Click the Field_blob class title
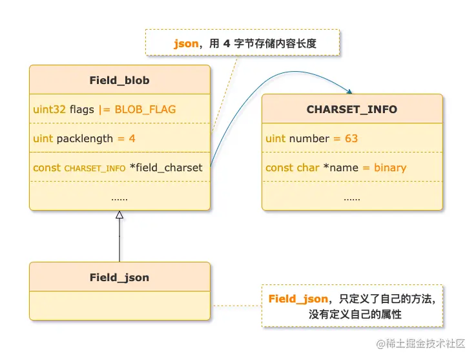coord(119,80)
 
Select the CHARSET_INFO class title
coord(352,109)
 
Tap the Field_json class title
coord(119,277)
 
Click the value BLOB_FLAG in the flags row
coord(145,109)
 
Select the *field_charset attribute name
coord(166,167)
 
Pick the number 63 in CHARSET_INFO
coord(351,138)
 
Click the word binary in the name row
coord(389,167)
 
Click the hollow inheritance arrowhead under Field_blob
coord(119,215)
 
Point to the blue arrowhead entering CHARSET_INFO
coord(349,92)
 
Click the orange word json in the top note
coord(185,44)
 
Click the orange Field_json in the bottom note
coord(298,299)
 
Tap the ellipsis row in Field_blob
coord(119,196)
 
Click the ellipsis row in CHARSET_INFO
coord(352,196)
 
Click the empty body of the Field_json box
coord(119,306)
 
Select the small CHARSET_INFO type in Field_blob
coord(95,168)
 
